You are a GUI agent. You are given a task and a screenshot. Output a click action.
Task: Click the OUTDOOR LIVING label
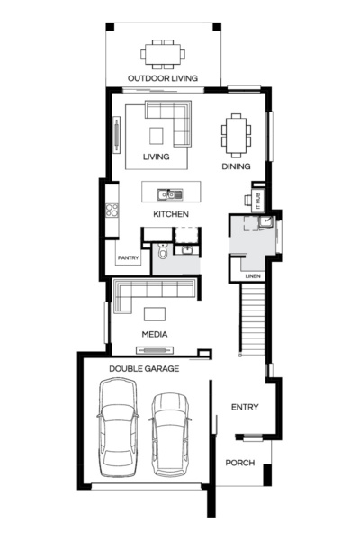point(164,78)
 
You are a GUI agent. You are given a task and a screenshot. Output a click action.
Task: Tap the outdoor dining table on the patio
point(164,53)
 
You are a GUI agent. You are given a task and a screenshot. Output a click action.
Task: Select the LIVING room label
point(157,157)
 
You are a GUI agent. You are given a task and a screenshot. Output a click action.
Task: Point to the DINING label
point(235,166)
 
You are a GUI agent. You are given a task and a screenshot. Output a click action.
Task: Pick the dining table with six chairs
point(236,135)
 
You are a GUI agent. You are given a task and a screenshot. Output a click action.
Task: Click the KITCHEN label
point(170,214)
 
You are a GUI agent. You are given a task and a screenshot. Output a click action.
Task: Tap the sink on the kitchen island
point(166,193)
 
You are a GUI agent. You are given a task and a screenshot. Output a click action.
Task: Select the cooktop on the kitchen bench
point(112,211)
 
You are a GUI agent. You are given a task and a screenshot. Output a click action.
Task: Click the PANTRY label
point(127,258)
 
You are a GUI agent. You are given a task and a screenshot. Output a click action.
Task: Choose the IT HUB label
point(256,198)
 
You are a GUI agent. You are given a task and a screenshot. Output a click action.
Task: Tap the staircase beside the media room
point(254,319)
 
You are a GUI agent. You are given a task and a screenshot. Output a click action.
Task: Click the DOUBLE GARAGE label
point(144,369)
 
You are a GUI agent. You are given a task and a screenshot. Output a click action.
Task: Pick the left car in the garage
point(118,427)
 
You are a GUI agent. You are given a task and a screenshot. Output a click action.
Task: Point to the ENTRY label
point(245,408)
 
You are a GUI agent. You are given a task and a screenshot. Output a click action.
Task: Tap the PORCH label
point(240,463)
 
